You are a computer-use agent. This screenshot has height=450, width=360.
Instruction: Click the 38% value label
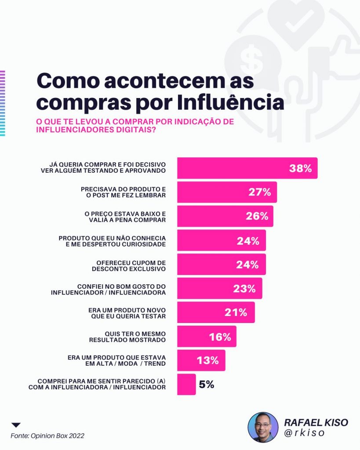[x=300, y=168]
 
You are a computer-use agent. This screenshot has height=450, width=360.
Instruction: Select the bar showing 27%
[x=227, y=192]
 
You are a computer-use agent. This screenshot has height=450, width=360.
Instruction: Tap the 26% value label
[x=257, y=216]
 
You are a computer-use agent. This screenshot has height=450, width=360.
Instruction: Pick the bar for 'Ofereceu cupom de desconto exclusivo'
[x=222, y=264]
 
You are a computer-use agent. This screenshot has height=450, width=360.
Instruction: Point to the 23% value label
[x=244, y=288]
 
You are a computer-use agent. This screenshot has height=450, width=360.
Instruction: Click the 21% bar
[x=216, y=312]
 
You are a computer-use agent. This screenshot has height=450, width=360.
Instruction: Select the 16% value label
[x=220, y=337]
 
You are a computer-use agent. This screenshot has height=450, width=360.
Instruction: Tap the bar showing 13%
[x=201, y=360]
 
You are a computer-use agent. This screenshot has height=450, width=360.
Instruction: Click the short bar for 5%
[x=186, y=384]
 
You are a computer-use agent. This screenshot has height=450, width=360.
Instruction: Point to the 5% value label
[x=207, y=384]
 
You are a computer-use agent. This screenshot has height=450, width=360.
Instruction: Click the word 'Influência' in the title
[x=230, y=102]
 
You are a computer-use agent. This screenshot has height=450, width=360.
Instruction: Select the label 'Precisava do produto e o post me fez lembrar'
[x=124, y=192]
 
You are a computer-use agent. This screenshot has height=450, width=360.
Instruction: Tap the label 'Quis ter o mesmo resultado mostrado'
[x=127, y=337]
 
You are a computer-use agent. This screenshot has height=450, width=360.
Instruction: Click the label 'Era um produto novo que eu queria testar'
[x=127, y=313]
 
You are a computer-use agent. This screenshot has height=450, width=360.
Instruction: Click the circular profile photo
[x=263, y=427]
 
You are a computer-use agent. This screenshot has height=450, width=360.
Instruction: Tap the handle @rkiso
[x=304, y=433]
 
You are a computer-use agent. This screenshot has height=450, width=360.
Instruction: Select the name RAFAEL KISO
[x=316, y=422]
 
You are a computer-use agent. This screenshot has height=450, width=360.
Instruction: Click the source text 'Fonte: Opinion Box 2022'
[x=47, y=435]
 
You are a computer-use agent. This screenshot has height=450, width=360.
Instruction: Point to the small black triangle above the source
[x=16, y=425]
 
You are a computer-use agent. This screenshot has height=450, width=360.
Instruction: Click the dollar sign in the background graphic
[x=251, y=59]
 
